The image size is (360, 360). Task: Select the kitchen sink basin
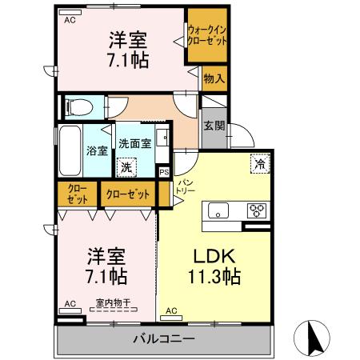tap(218, 211)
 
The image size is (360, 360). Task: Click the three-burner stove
tap(257, 210)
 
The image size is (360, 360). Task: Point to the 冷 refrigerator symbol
tap(261, 162)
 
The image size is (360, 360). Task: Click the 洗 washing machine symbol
tap(126, 167)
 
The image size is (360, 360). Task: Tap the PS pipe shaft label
tap(164, 171)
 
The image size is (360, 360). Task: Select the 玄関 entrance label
tap(214, 126)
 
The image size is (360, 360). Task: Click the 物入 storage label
tap(214, 78)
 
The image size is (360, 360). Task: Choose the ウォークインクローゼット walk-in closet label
tap(207, 36)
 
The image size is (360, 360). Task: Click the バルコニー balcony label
tap(163, 338)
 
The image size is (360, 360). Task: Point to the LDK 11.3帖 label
tap(214, 267)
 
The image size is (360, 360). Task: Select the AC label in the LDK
tap(171, 310)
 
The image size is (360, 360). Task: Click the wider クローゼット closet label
tap(128, 194)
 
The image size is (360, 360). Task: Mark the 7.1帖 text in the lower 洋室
tap(106, 278)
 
